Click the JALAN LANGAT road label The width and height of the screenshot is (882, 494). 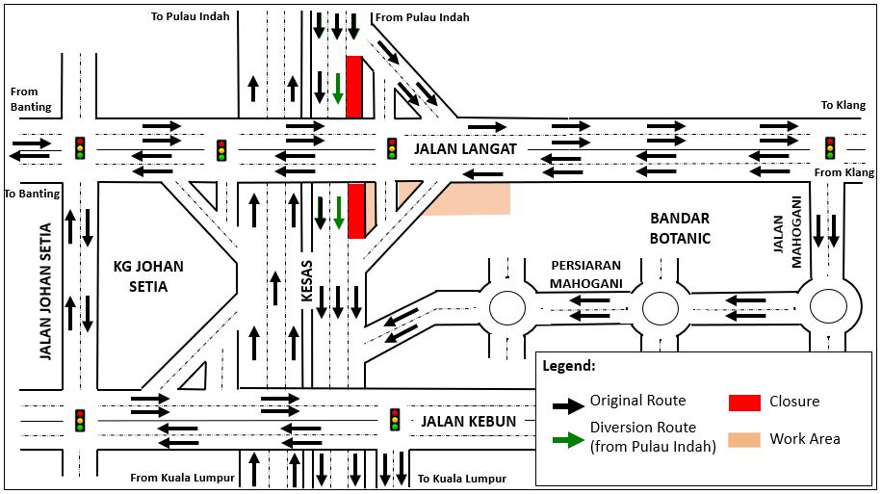pyautogui.click(x=466, y=149)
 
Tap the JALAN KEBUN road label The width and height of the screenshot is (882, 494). pyautogui.click(x=468, y=421)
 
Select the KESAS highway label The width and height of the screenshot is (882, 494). pyautogui.click(x=307, y=282)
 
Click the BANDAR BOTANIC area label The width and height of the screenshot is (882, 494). pyautogui.click(x=680, y=227)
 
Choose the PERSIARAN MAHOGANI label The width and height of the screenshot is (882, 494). pyautogui.click(x=587, y=273)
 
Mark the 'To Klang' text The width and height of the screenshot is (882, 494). pyautogui.click(x=843, y=106)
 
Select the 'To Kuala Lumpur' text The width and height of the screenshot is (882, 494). pyautogui.click(x=462, y=479)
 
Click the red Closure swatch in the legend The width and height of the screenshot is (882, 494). pyautogui.click(x=745, y=402)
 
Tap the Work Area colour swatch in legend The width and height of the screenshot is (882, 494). pyautogui.click(x=745, y=439)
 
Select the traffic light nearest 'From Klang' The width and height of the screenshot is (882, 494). pyautogui.click(x=830, y=147)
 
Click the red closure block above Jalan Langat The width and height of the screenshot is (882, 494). pyautogui.click(x=353, y=87)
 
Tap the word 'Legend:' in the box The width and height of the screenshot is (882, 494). pyautogui.click(x=569, y=367)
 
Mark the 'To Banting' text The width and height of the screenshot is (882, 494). pyautogui.click(x=32, y=194)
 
